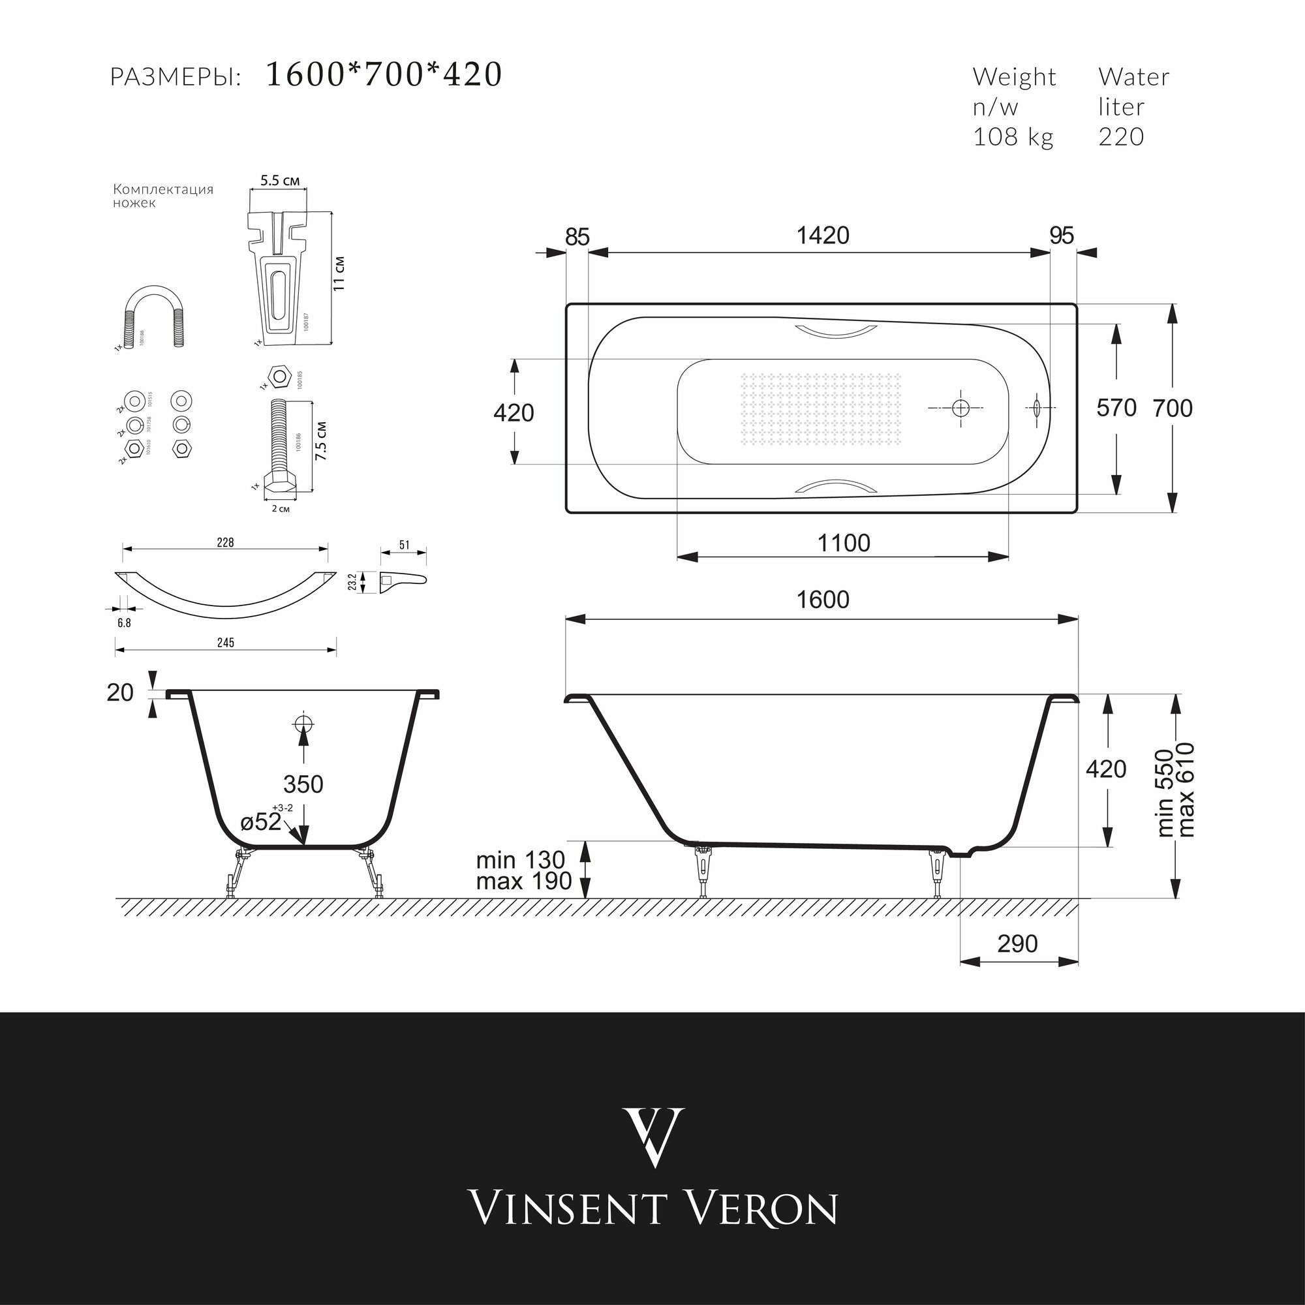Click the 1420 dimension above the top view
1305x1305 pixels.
(x=823, y=236)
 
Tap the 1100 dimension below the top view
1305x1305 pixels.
(x=844, y=543)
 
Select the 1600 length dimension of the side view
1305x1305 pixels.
(x=823, y=600)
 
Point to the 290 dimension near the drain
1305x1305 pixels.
(x=1017, y=944)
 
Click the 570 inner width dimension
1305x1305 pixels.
(x=1116, y=408)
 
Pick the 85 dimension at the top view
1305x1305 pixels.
(x=577, y=237)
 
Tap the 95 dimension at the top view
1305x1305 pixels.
(x=1062, y=236)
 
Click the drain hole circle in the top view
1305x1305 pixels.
(x=960, y=408)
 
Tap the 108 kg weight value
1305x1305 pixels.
(x=1013, y=137)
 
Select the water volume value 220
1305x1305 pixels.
(x=1120, y=137)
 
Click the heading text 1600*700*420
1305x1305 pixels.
(x=384, y=75)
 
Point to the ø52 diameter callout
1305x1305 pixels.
(x=262, y=822)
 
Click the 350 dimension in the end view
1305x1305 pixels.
(x=303, y=784)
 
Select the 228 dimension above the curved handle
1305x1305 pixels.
(x=225, y=542)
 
